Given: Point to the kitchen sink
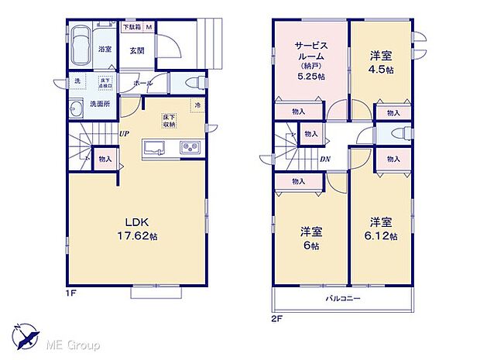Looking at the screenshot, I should tap(153, 147).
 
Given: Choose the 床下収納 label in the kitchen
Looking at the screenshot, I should tap(169, 120).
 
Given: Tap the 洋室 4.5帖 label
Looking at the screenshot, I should tap(379, 63).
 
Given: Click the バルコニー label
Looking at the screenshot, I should tap(341, 298).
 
